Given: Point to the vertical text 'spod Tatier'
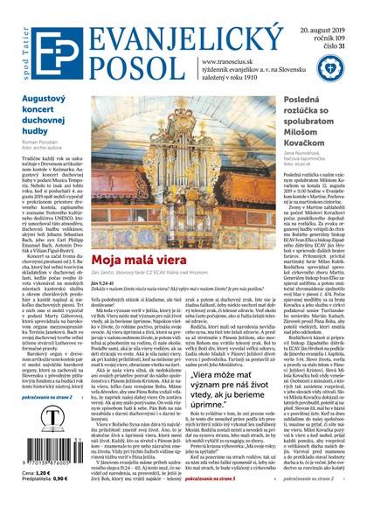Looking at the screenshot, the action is pyautogui.click(x=15, y=41).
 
